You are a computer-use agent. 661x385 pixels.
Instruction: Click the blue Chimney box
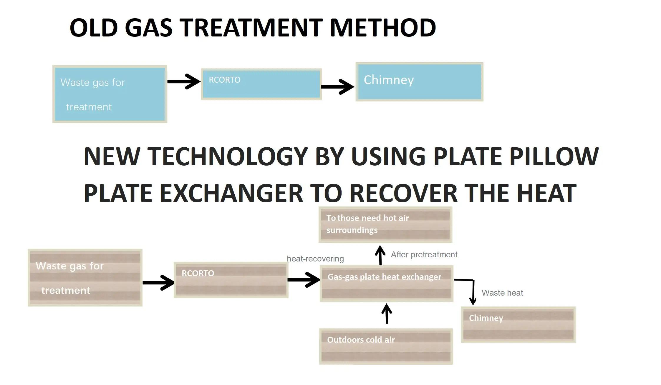tap(419, 82)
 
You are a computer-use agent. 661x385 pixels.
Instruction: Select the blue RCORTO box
tap(261, 84)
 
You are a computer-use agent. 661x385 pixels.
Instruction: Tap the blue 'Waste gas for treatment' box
tap(110, 94)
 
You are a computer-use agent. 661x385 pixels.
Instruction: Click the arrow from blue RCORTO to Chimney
tap(338, 86)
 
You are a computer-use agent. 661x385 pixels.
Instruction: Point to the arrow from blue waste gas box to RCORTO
tap(184, 81)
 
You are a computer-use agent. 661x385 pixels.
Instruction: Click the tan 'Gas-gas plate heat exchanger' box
tap(386, 284)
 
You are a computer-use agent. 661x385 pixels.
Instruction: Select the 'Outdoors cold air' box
tap(386, 346)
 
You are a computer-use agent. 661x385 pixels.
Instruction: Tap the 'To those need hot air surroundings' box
tap(385, 225)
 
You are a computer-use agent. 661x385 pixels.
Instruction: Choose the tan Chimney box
tap(518, 325)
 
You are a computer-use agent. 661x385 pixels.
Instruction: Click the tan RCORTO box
tap(231, 280)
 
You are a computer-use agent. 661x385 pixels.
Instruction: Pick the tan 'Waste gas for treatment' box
tap(85, 278)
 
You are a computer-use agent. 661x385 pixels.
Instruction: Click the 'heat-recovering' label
tap(315, 259)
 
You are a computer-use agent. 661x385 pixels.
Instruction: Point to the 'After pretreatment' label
tap(424, 255)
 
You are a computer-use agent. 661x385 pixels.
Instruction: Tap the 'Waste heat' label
tap(502, 293)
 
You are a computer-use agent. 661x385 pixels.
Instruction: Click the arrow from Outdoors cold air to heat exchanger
tap(387, 314)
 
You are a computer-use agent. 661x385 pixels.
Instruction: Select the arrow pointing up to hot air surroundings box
tap(380, 255)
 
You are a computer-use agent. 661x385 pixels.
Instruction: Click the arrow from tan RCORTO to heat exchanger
tap(304, 279)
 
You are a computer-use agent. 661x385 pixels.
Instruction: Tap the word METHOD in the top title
tap(383, 28)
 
